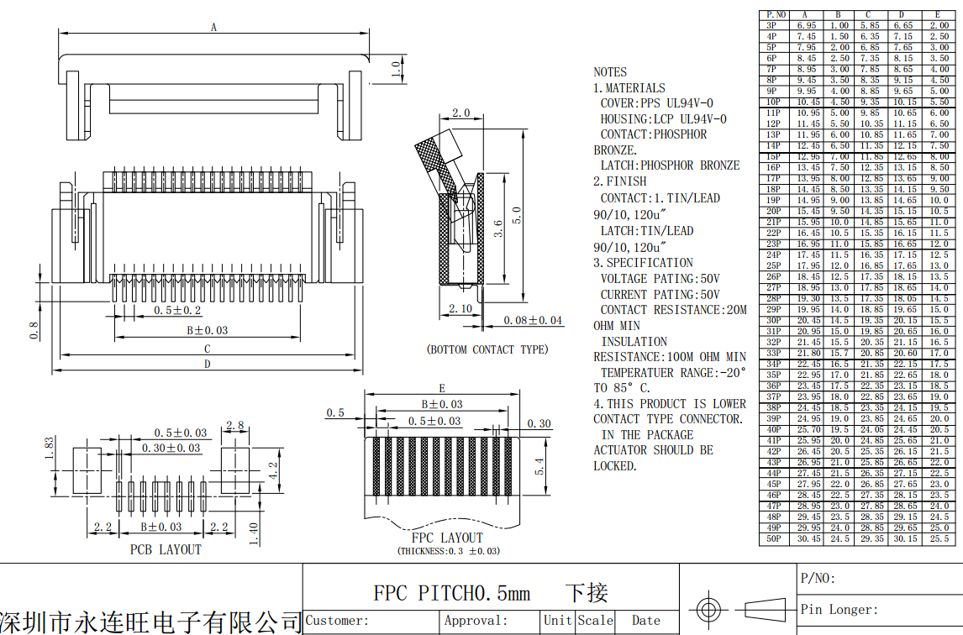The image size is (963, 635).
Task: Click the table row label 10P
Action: [x=772, y=102]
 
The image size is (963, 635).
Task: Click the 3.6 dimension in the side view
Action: [x=497, y=228]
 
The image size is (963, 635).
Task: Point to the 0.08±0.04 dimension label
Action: [x=533, y=320]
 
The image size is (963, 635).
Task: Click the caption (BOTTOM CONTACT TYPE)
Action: [x=487, y=349]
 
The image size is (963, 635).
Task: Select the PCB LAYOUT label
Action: [x=166, y=549]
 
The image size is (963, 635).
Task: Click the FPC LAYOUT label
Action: [x=447, y=538]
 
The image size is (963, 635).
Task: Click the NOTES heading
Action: [x=610, y=72]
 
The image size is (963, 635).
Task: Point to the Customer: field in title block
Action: [x=337, y=621]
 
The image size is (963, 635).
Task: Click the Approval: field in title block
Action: [x=476, y=621]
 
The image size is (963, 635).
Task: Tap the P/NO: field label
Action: [x=818, y=578]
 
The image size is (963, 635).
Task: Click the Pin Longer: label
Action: [x=839, y=609]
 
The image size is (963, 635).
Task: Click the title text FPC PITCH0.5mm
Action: [x=452, y=594]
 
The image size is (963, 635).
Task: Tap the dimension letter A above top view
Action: [x=213, y=27]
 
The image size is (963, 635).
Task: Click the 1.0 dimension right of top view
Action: [x=396, y=69]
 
